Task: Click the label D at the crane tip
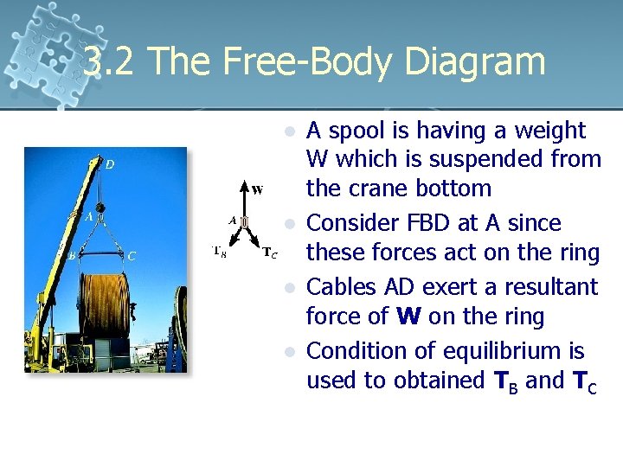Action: (108, 164)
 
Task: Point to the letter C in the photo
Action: (131, 256)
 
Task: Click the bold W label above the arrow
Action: (258, 188)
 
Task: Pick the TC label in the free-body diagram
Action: (270, 253)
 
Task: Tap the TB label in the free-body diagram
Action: (222, 252)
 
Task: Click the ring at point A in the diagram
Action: (245, 222)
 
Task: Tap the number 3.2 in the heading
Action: (110, 61)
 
